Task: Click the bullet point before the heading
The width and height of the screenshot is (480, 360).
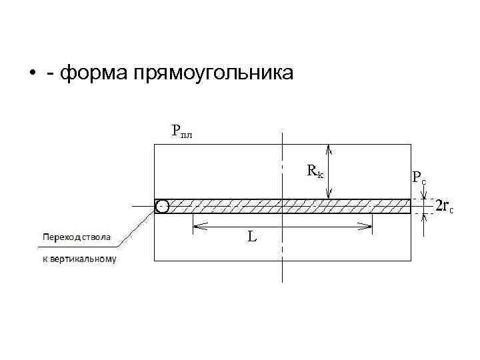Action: (x=32, y=73)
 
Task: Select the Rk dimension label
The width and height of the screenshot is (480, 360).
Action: (x=315, y=171)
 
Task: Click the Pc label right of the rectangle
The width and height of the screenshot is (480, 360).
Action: (x=419, y=177)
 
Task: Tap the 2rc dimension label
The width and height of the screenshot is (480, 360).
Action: (x=444, y=206)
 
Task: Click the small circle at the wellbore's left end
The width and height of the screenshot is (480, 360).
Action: (x=161, y=206)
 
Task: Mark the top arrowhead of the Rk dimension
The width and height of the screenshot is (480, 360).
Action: (x=328, y=149)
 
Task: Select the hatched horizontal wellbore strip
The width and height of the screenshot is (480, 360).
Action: (x=287, y=205)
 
